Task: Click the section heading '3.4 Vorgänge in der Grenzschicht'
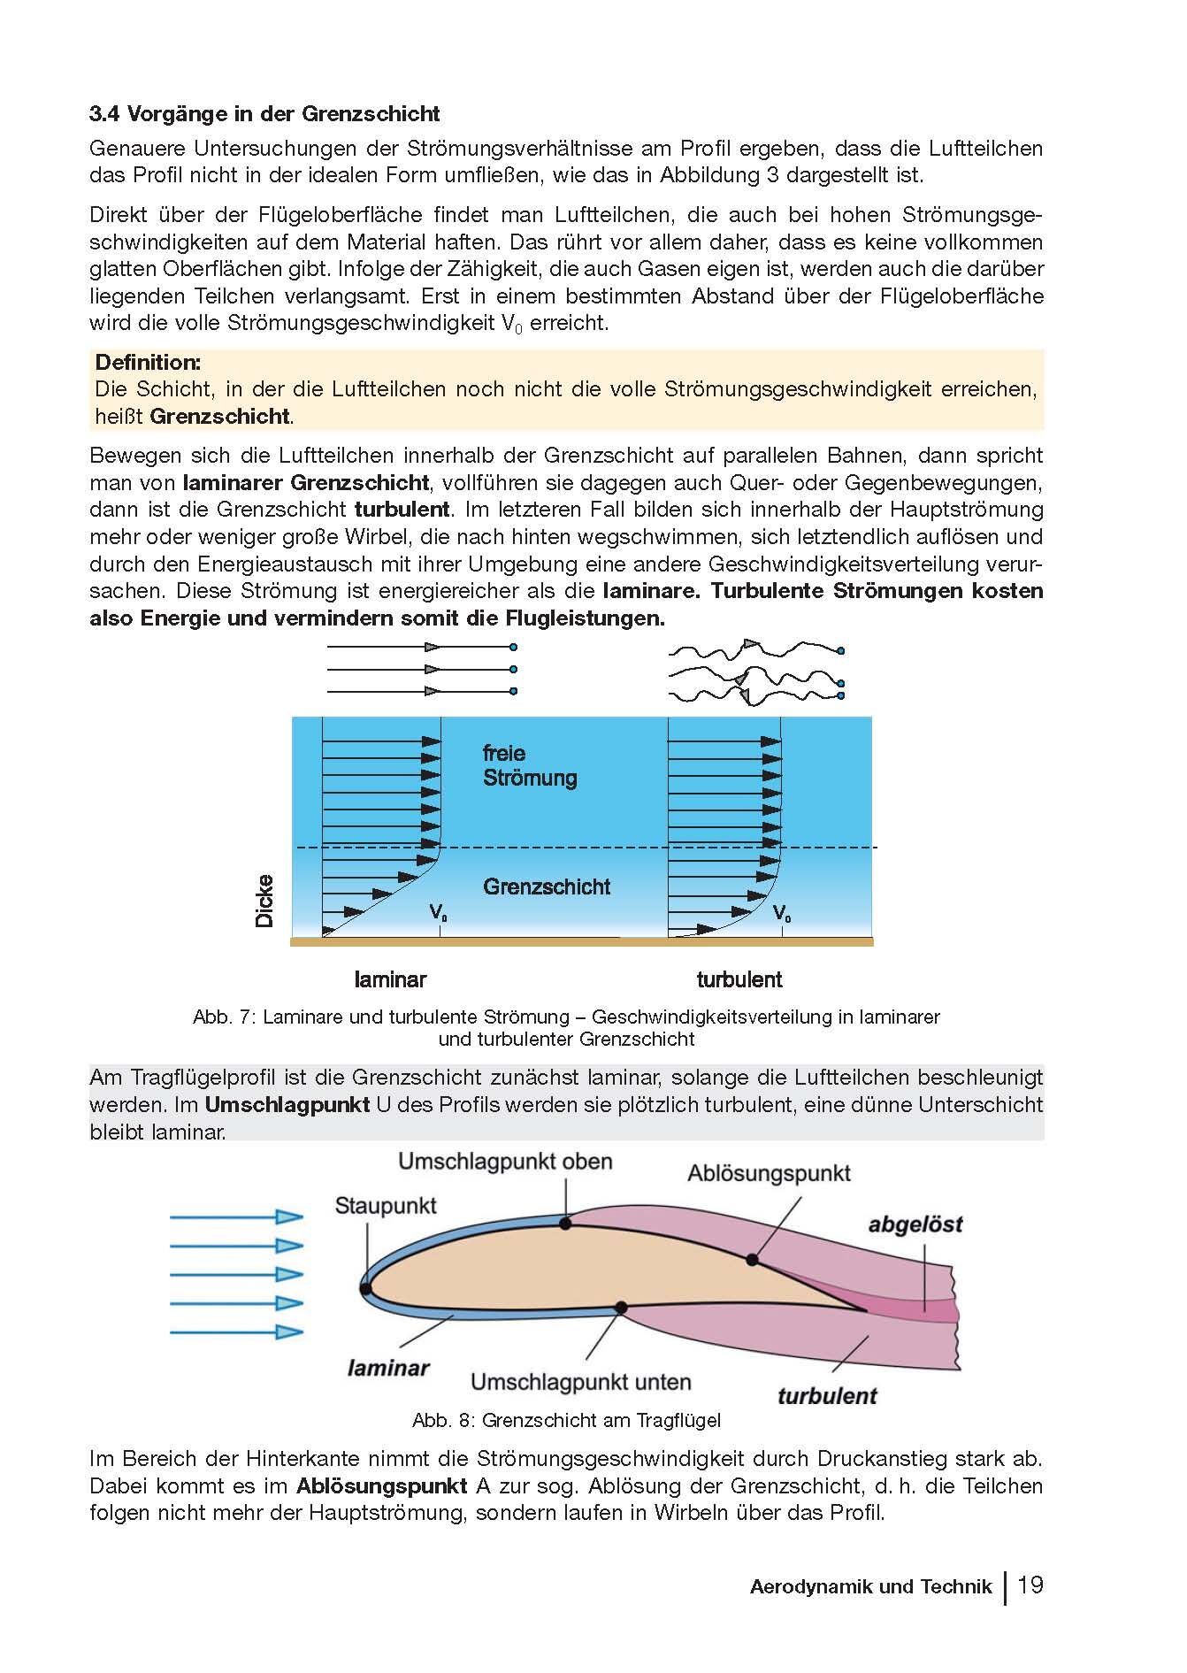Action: click(264, 114)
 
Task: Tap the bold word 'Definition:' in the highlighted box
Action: click(148, 362)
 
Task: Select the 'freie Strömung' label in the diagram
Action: click(529, 766)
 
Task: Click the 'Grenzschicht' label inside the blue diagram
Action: click(546, 886)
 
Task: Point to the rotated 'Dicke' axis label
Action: click(264, 901)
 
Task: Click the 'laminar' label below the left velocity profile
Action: click(390, 979)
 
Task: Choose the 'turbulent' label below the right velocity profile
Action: click(739, 979)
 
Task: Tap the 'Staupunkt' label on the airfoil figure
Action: click(386, 1206)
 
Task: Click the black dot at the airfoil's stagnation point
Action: click(366, 1289)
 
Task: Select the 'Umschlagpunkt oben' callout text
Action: click(505, 1162)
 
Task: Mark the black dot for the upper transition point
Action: click(566, 1224)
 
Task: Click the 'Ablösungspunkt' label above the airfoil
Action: click(769, 1173)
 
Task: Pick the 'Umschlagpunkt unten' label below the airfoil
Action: click(580, 1382)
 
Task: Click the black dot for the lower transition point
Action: click(621, 1307)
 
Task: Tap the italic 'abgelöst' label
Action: click(915, 1224)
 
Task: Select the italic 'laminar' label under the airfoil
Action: click(388, 1368)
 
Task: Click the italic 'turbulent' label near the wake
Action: click(826, 1396)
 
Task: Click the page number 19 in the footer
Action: click(1030, 1585)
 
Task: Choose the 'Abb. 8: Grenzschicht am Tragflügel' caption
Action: click(566, 1421)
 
